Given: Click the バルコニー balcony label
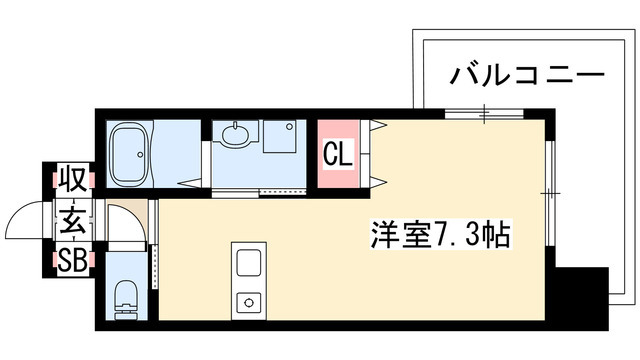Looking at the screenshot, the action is pyautogui.click(x=527, y=76).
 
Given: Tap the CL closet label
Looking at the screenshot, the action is pyautogui.click(x=338, y=154).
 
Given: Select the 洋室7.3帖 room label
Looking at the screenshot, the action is pyautogui.click(x=441, y=234).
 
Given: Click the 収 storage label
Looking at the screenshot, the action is pyautogui.click(x=73, y=179).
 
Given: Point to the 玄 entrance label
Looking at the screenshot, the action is pyautogui.click(x=73, y=220).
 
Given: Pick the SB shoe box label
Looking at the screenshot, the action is pyautogui.click(x=73, y=261).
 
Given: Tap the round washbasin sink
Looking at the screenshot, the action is pyautogui.click(x=235, y=134).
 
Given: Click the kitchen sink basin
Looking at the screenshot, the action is pyautogui.click(x=249, y=262).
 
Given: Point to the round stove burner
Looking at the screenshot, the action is pyautogui.click(x=249, y=302).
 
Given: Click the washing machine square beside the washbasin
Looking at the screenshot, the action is pyautogui.click(x=280, y=136).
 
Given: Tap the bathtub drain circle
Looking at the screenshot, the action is pyautogui.click(x=140, y=154).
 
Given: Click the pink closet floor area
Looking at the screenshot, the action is pyautogui.click(x=338, y=153).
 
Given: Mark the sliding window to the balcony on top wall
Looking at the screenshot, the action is pyautogui.click(x=484, y=114).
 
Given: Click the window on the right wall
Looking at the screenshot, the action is pyautogui.click(x=550, y=193).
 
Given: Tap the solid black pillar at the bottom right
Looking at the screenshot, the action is pyautogui.click(x=582, y=298).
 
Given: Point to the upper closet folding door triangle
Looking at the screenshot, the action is pyautogui.click(x=378, y=124).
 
